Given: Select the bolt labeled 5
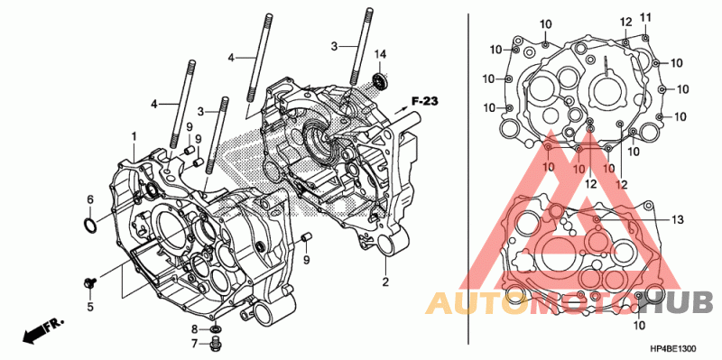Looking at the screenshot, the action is (x=89, y=282).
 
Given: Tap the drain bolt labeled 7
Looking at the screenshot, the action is (x=214, y=343).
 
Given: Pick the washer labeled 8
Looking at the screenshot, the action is (x=215, y=329).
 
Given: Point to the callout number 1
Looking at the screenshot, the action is (x=134, y=136).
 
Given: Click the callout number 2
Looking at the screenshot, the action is (x=385, y=282).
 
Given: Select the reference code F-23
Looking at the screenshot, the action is (x=425, y=102).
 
